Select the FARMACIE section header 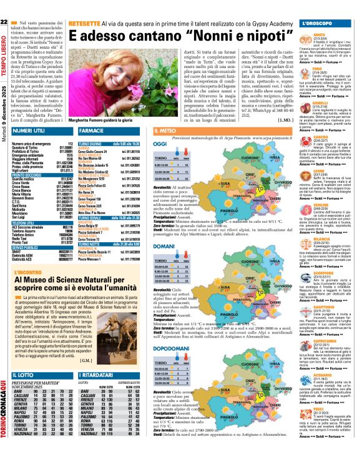click(x=94, y=132)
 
